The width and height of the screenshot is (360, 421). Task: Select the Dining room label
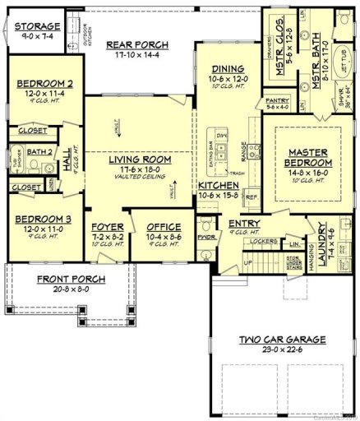tap(225, 72)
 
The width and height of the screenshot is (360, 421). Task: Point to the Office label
tap(163, 226)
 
